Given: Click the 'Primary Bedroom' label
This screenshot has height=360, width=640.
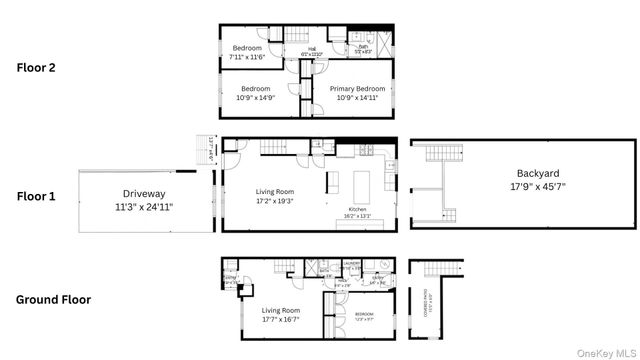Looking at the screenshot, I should [357, 91].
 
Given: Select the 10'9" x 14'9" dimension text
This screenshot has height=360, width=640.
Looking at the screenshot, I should [254, 99].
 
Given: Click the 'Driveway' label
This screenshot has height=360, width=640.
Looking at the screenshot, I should [143, 193].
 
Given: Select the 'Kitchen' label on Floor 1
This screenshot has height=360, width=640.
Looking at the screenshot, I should [358, 208].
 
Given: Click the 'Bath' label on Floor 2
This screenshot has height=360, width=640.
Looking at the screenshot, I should [364, 46].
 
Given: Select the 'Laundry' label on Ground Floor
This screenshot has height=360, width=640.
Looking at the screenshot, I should [351, 264].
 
